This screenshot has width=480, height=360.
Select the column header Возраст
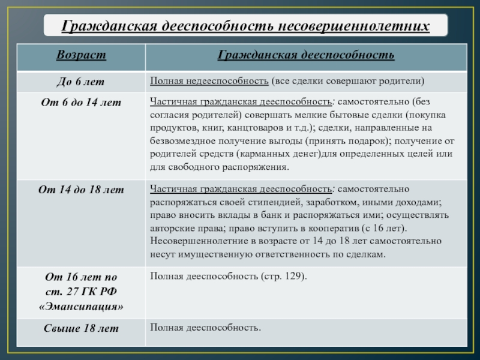81,55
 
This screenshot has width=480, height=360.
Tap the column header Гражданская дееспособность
305,55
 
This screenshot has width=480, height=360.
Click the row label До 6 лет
81,81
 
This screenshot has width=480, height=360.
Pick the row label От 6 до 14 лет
81,103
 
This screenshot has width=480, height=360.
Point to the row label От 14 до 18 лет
81,190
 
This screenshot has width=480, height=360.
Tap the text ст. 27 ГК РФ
81,291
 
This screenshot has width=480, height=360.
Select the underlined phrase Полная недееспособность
209,81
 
